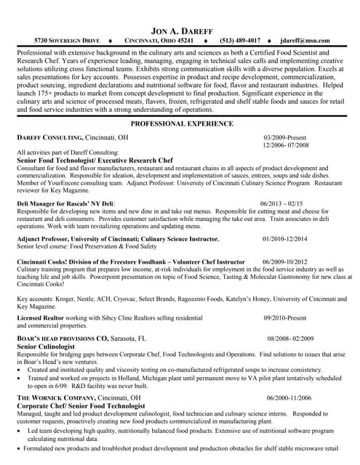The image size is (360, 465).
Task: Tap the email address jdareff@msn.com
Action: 305,41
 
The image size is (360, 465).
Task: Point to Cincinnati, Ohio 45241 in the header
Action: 159,41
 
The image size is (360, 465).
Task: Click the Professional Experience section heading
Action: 180,124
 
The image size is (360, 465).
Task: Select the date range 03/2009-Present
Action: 287,137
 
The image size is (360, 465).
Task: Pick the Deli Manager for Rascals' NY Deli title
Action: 65,203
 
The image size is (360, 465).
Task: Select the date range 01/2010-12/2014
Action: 284,238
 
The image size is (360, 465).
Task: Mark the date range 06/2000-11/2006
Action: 290,398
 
